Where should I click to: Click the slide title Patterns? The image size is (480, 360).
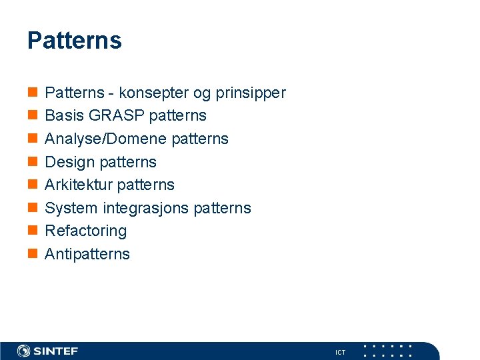coord(74,41)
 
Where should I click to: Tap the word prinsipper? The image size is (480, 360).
coord(250,93)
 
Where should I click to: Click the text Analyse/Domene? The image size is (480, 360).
coord(105,139)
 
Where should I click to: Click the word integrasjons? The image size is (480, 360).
coord(145,208)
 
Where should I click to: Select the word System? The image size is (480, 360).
coord(71,208)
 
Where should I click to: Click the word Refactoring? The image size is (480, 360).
coord(85,231)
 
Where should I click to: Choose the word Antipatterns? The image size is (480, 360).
coord(87,254)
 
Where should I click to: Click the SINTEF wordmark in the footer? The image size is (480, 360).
coord(56,351)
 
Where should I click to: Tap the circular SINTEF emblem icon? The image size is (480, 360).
coord(24,351)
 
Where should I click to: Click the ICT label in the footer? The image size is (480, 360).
coord(340,352)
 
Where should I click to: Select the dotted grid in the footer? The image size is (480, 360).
coord(387,351)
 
